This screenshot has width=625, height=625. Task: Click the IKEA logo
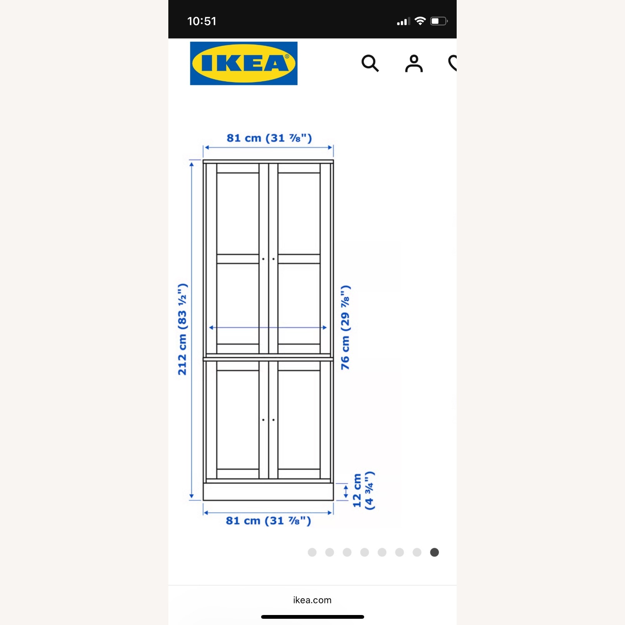coord(244,63)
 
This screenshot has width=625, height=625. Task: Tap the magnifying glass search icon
coord(370,63)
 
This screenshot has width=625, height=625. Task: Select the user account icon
coord(414,63)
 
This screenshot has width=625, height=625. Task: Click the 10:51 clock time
coord(202,21)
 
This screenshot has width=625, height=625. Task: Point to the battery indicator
coord(438,21)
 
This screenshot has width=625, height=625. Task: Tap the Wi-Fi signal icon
coord(420,21)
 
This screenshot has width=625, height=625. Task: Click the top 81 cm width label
coord(269,138)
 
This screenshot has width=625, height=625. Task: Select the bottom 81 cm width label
coord(268,520)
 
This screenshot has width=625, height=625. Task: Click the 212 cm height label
coord(182,329)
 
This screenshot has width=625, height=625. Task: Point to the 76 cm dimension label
coord(345,327)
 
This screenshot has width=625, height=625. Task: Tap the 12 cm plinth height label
coord(363,491)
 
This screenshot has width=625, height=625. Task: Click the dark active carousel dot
coord(434,552)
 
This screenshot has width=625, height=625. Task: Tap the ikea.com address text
coord(312,600)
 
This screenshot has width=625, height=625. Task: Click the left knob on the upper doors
coord(263,259)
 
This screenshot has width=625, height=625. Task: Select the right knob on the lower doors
coord(273,420)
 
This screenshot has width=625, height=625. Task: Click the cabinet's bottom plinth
coord(268,492)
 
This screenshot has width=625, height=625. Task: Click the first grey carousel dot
coord(312,552)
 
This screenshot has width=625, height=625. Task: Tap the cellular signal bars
coord(403,21)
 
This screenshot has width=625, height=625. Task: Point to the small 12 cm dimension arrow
coord(345,491)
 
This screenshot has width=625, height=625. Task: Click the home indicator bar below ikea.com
coord(312,617)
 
